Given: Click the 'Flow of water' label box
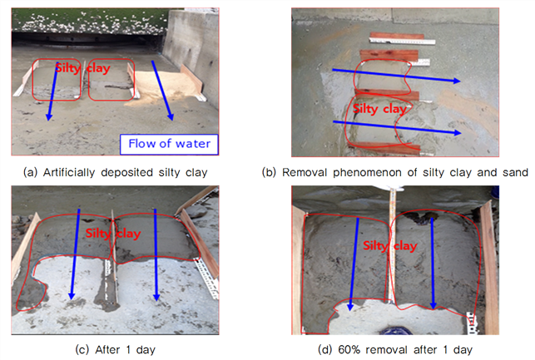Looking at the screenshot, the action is (x=169, y=144).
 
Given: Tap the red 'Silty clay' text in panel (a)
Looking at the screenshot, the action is (x=83, y=68).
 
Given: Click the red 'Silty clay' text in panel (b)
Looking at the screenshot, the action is (x=379, y=109).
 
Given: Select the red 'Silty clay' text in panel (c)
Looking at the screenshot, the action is (x=113, y=234).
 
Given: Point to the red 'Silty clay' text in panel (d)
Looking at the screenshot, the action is (x=390, y=246).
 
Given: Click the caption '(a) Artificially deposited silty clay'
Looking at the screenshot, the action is (x=116, y=172).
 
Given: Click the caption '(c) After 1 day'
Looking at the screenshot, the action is (x=116, y=350).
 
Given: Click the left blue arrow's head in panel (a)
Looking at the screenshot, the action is (x=49, y=116).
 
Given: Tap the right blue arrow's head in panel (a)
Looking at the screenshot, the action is (x=171, y=116).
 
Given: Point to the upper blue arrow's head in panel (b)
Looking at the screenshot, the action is (x=457, y=81).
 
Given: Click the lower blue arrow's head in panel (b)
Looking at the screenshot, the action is (x=458, y=133).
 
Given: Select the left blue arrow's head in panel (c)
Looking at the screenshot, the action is (x=72, y=296).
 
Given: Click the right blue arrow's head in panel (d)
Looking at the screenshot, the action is (x=433, y=305).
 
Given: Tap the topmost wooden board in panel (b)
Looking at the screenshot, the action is (x=397, y=36).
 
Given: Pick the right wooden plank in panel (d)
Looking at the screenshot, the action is (x=489, y=268).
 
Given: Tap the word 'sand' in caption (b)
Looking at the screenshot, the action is (x=515, y=172).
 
